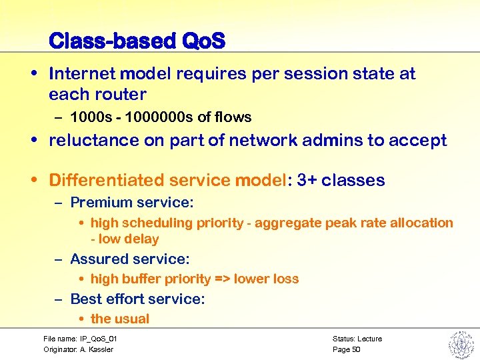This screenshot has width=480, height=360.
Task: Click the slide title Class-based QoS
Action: pyautogui.click(x=137, y=41)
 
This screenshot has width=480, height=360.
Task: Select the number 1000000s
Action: pyautogui.click(x=157, y=117)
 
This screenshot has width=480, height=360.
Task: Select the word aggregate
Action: pyautogui.click(x=285, y=223)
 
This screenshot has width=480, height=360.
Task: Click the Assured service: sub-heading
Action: pyautogui.click(x=129, y=259)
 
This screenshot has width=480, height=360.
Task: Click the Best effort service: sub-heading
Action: pyautogui.click(x=137, y=299)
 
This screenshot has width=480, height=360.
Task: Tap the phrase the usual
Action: pyautogui.click(x=120, y=319)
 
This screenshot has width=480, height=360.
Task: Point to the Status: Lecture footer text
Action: pyautogui.click(x=357, y=339)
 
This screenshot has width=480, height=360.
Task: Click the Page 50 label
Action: pyautogui.click(x=346, y=349)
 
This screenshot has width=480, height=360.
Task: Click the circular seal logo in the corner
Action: pyautogui.click(x=460, y=344)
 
